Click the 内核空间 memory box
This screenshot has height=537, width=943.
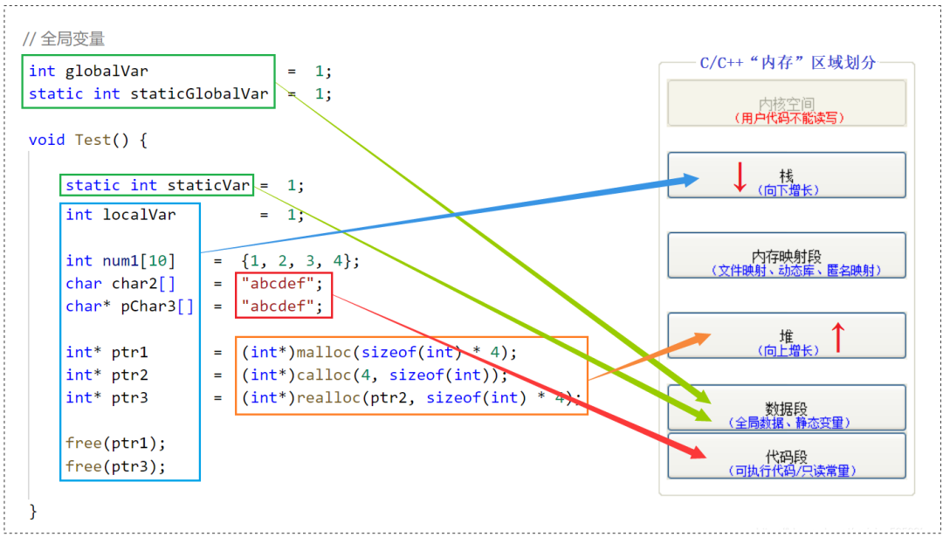pos(787,103)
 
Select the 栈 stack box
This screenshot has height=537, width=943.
pos(787,175)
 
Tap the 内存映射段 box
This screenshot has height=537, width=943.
pos(787,256)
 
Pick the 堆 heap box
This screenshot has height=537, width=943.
pos(787,335)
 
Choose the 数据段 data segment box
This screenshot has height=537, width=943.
pos(787,408)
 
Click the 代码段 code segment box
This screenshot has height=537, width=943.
pos(787,456)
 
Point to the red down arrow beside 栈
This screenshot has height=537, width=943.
pos(740,176)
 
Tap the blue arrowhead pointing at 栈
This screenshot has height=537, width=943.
pos(689,179)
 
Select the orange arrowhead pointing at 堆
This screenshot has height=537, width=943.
pos(702,339)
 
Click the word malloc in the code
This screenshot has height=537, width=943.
pos(324,353)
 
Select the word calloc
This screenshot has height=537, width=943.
pos(324,375)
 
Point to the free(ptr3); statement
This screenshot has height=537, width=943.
pos(115,466)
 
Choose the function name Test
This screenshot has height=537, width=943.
pos(93,140)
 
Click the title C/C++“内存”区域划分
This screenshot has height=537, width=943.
pos(788,63)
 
